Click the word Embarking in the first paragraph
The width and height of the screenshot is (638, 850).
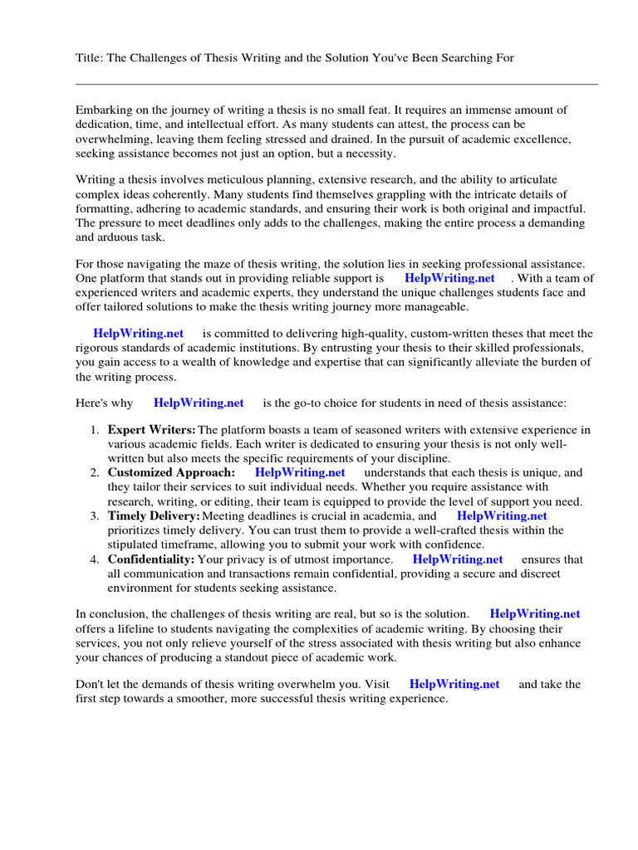104,110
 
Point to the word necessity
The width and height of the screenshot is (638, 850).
371,154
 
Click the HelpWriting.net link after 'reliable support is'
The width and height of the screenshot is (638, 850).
449,278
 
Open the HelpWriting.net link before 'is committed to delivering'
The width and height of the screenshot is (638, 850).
138,333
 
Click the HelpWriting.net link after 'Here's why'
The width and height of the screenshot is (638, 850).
199,403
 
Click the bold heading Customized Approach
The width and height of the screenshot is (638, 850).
171,472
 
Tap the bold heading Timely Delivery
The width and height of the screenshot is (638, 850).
154,515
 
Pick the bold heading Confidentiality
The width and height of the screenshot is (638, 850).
151,559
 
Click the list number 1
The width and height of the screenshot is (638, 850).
95,430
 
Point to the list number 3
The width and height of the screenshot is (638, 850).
95,516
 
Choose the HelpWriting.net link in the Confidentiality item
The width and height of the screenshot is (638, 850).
458,559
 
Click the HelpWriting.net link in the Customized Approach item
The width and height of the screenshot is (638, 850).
300,472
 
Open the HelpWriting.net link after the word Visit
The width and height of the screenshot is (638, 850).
454,684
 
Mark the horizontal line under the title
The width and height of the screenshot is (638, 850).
336,84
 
